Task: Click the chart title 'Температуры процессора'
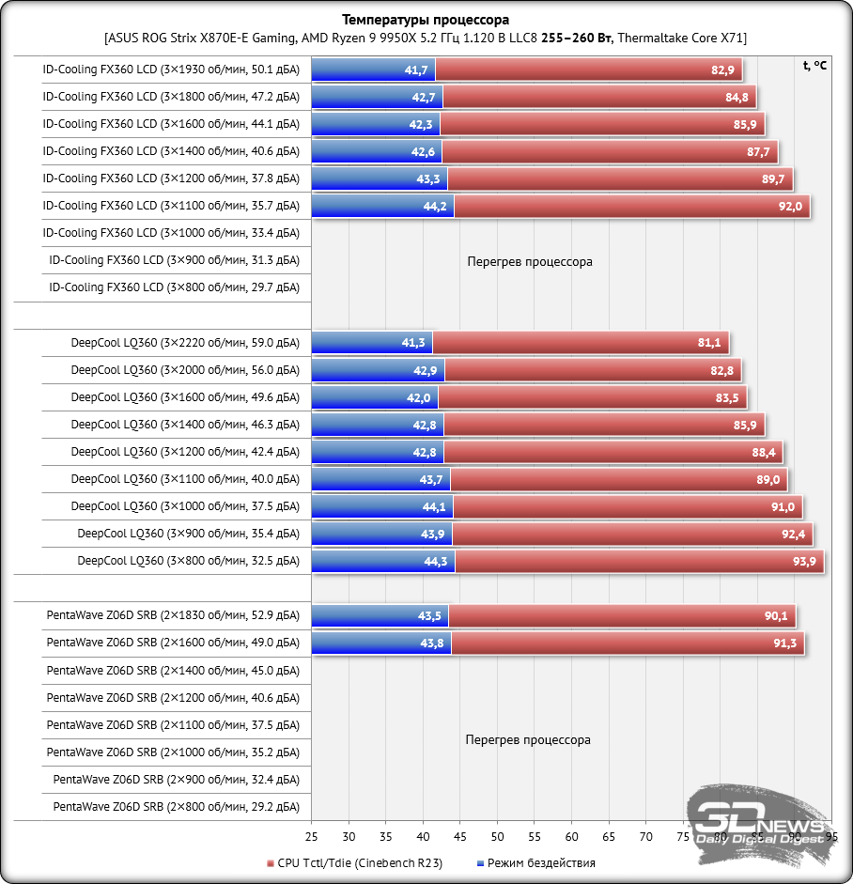click(426, 20)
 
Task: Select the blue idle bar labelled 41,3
click(372, 343)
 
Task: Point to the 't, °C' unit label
click(814, 66)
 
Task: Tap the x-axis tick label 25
click(311, 836)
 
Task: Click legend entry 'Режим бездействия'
click(541, 862)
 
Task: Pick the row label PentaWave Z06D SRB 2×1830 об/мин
click(173, 616)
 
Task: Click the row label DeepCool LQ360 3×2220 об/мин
click(185, 343)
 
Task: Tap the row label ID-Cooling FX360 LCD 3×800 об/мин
click(175, 287)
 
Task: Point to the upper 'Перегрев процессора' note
click(530, 262)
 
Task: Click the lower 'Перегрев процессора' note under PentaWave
click(528, 740)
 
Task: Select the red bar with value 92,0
click(631, 207)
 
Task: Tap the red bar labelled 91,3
click(627, 644)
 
